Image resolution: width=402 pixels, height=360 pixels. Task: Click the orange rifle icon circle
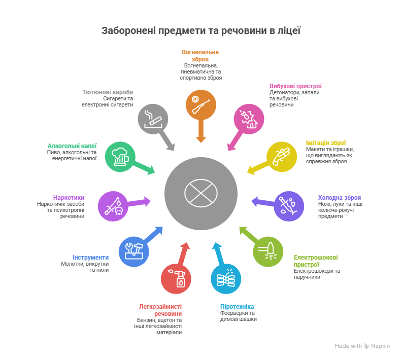coord(200,105)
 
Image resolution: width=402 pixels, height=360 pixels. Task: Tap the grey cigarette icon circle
coord(153,119)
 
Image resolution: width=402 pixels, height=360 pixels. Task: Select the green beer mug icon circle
coord(120,157)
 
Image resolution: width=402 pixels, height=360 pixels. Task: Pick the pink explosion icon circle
coord(249,119)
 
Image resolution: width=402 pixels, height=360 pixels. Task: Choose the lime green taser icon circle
coord(268,251)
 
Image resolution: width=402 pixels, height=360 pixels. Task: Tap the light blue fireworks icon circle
coord(226,279)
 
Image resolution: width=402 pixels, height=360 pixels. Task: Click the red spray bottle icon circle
coord(176,279)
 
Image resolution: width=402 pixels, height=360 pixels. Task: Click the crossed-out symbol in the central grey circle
coord(200,193)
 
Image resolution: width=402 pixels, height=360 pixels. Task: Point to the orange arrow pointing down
coord(200,131)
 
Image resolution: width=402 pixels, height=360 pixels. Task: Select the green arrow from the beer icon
coord(144,169)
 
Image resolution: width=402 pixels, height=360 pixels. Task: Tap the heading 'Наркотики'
coord(69,197)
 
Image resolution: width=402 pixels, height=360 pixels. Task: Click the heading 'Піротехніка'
coord(237,307)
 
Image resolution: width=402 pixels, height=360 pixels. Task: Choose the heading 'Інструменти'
coord(90,257)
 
